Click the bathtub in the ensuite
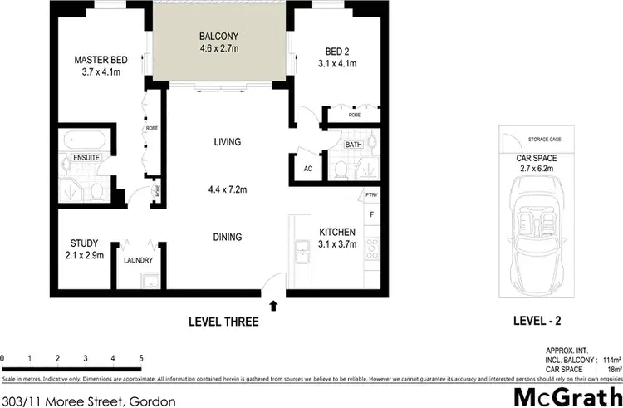point(83,139)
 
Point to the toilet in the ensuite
point(96,192)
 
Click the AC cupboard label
point(307,169)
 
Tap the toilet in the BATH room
point(340,169)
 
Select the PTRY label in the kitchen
point(371,196)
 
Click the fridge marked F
point(371,214)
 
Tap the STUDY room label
point(82,244)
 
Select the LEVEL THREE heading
point(223,322)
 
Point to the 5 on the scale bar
point(141,358)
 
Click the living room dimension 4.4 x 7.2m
point(226,189)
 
